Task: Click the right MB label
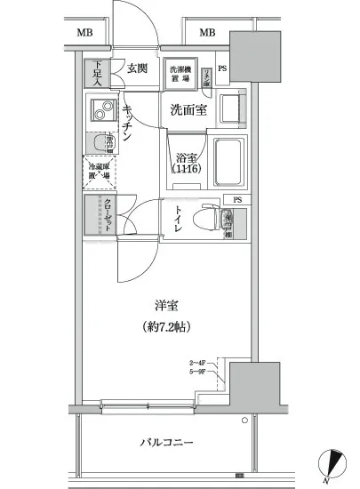coord(208,34)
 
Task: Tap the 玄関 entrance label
coord(137,68)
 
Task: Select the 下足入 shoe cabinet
coord(95,71)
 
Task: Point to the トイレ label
coord(179,220)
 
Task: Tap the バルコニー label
coord(166,443)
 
